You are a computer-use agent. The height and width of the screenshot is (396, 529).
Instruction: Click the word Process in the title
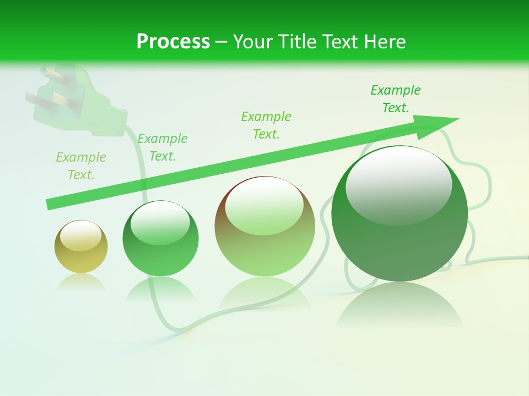coord(173,42)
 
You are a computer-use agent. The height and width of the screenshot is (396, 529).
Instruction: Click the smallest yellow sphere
coord(81,247)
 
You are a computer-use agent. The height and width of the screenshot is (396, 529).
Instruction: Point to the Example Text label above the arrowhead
coord(395,99)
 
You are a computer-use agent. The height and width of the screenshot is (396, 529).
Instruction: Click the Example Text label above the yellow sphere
coord(80,166)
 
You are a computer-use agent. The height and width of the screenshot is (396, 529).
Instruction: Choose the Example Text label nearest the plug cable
coord(162,147)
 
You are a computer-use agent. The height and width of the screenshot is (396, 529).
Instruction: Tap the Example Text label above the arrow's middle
coord(266,125)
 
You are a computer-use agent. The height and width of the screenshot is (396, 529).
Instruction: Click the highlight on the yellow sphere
coord(81,235)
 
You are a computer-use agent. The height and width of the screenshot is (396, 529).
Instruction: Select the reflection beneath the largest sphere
coord(400,308)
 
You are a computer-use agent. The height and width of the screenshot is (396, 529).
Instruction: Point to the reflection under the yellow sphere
coord(81,282)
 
